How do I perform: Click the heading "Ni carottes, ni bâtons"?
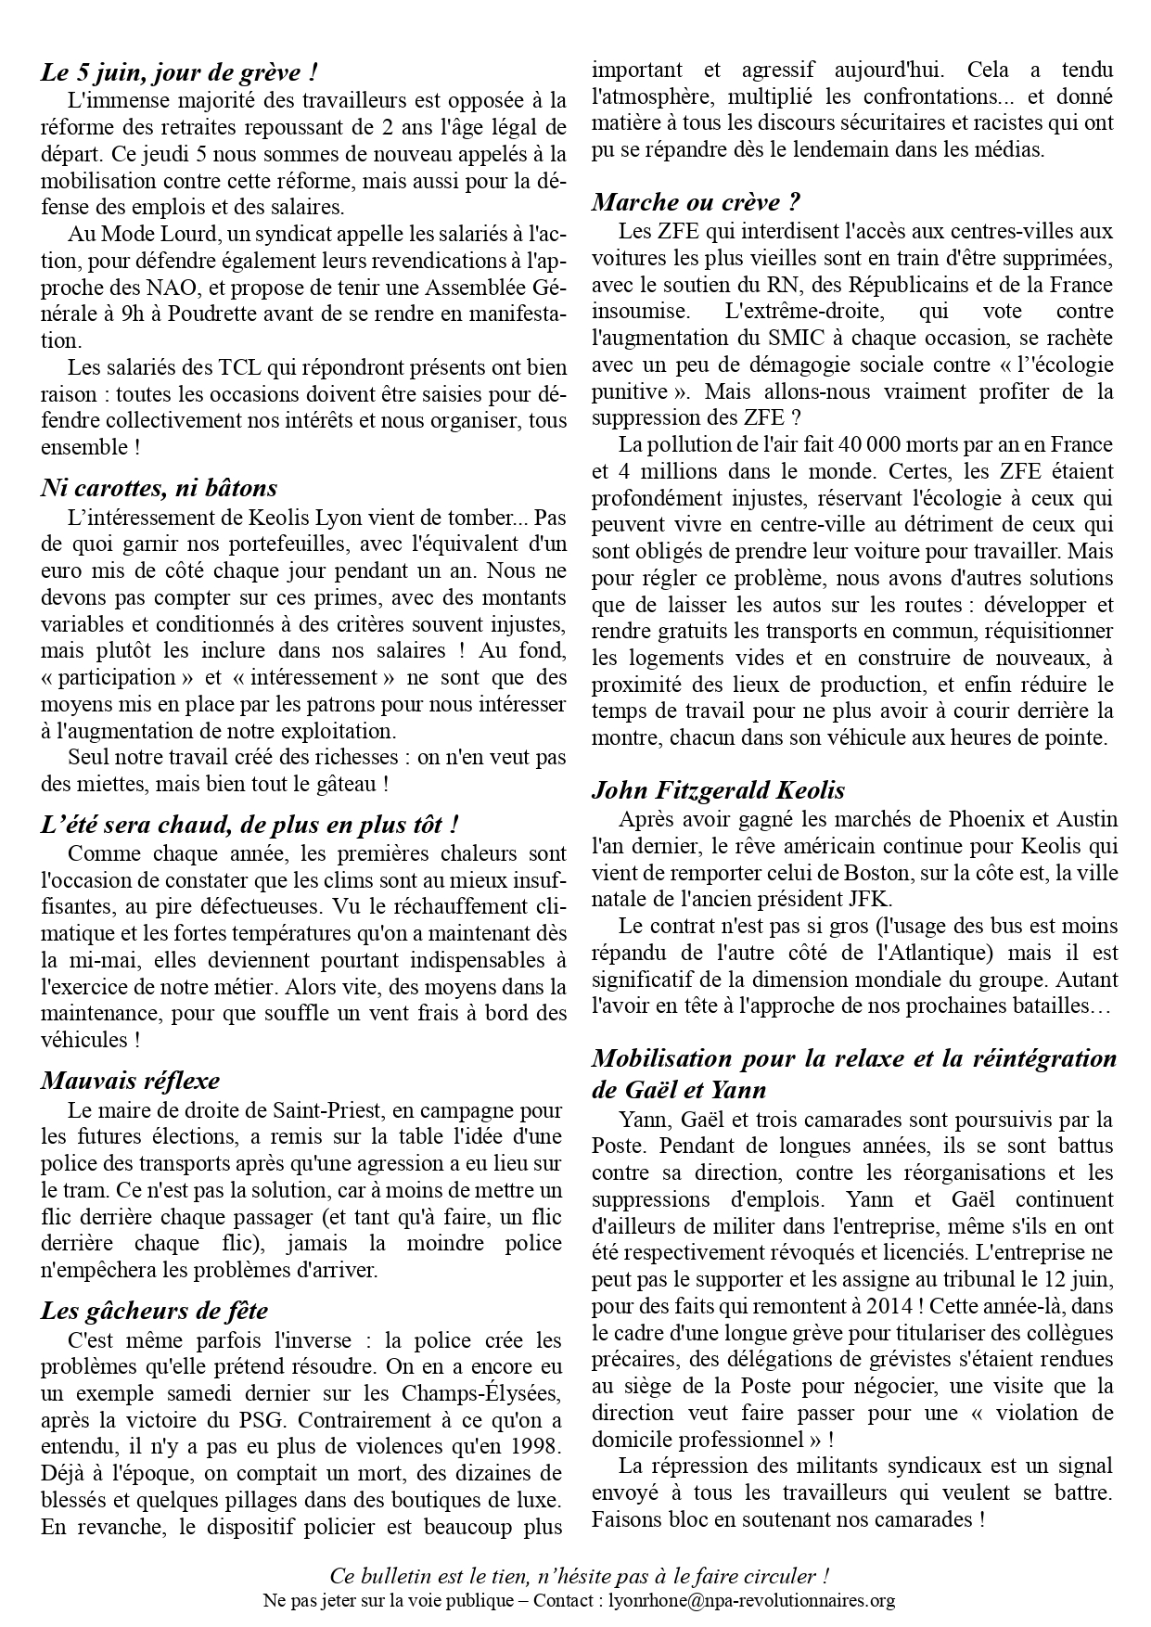(159, 487)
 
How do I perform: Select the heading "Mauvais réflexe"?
(130, 1081)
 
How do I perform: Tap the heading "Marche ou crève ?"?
(696, 201)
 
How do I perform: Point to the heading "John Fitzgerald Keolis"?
(718, 790)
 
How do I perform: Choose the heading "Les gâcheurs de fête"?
(154, 1311)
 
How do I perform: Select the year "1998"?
(533, 1446)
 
